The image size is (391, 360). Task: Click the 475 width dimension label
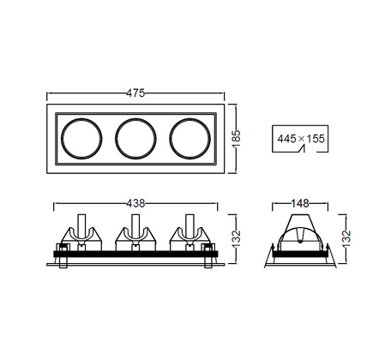pos(135,93)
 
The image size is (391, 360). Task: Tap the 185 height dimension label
pos(237,139)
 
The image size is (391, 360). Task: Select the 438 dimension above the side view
pos(135,203)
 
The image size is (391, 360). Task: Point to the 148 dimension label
pos(300,203)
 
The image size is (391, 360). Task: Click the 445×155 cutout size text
pos(301,139)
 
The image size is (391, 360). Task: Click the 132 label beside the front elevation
pos(237,238)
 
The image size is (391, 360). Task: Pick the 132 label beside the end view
pos(346,238)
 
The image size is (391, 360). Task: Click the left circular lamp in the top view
pos(81,118)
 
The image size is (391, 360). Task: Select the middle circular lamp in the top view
pos(135,118)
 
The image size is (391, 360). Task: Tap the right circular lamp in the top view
pos(190,118)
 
